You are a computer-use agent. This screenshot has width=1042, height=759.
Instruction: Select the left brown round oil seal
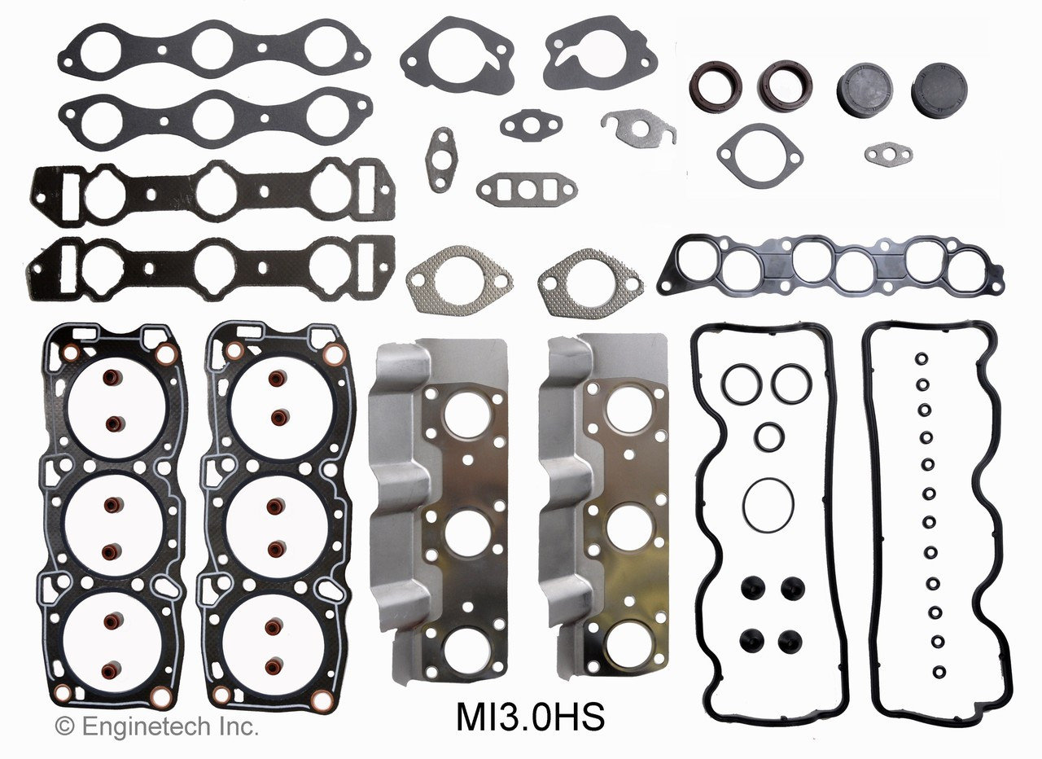(x=716, y=86)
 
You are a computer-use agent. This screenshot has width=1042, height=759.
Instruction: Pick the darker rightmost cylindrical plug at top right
(x=939, y=91)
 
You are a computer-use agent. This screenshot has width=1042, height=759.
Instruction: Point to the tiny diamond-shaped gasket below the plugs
(x=888, y=153)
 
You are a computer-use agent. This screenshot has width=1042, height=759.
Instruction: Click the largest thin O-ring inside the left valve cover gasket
(x=767, y=504)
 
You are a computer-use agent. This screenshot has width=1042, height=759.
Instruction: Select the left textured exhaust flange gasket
(x=459, y=281)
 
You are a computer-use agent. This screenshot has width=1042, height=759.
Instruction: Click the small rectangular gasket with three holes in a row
(x=527, y=189)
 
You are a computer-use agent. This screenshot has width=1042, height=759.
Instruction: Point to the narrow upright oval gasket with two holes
(x=441, y=159)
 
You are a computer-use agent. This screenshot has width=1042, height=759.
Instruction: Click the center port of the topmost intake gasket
(x=212, y=48)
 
